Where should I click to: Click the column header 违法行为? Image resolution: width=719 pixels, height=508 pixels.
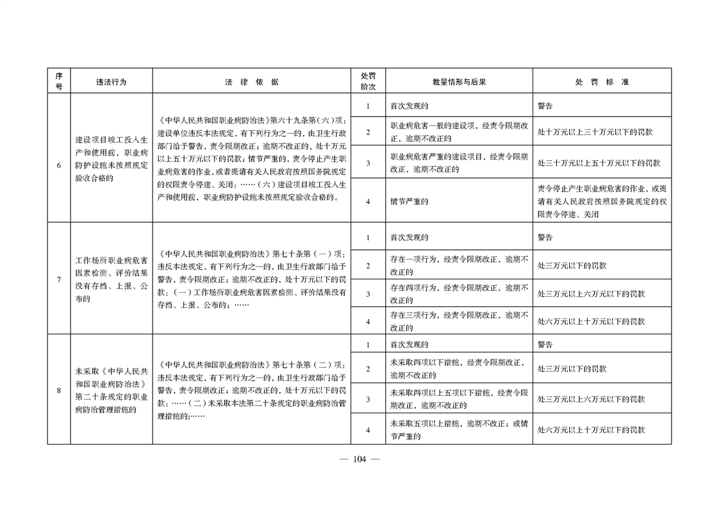(x=112, y=82)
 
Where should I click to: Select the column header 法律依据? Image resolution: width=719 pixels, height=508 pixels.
(x=251, y=82)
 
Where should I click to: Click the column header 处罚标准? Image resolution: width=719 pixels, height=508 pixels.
(x=601, y=82)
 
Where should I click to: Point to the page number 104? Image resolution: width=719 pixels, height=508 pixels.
(x=359, y=459)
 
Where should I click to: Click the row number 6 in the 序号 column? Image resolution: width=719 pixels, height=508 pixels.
(x=59, y=165)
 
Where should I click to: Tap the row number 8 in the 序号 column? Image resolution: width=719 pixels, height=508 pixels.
(x=59, y=390)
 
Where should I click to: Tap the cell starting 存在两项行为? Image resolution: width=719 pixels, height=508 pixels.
(x=458, y=293)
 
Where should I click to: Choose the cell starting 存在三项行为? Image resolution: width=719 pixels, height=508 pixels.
(x=458, y=321)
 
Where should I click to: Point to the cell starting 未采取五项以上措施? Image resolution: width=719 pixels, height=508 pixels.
(x=458, y=430)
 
